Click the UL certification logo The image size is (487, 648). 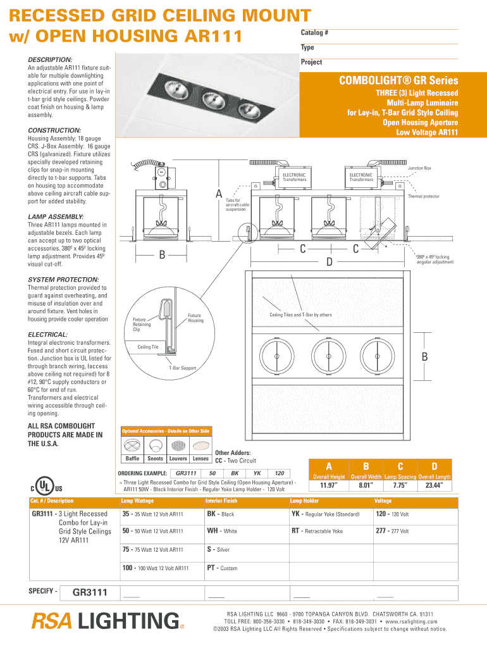(44, 487)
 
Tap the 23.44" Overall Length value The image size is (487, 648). (434, 486)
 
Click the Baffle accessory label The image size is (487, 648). (132, 459)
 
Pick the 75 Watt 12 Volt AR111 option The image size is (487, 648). (152, 550)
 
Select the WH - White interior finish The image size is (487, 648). (222, 532)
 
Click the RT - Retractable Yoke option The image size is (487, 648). (317, 532)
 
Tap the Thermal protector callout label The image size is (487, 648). (423, 196)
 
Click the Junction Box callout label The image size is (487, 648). (419, 168)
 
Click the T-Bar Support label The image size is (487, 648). (182, 368)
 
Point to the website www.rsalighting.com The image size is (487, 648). (412, 621)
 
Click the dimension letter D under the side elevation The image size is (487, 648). (329, 261)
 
